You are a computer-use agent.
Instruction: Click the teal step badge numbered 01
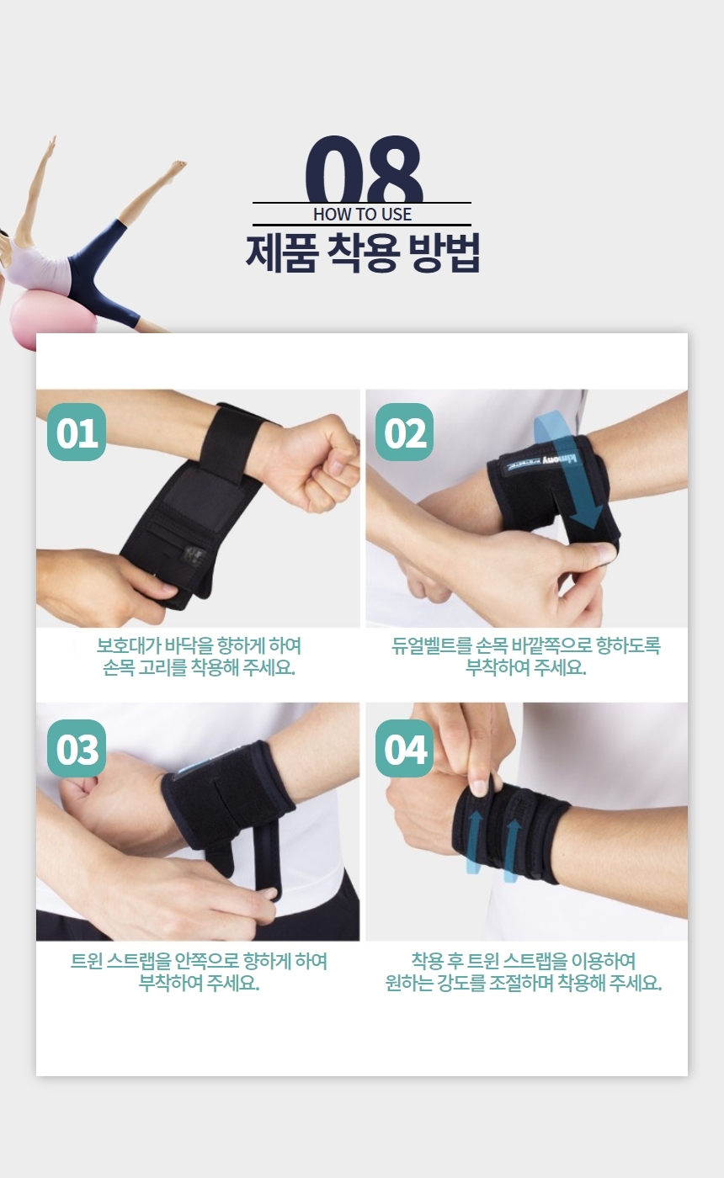[x=77, y=432]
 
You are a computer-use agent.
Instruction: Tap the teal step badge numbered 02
[x=404, y=432]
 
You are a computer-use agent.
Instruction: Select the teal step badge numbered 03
[x=77, y=748]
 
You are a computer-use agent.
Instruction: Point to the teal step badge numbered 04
[x=404, y=748]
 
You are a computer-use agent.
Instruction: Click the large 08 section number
[x=364, y=169]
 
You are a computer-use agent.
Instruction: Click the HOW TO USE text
[x=363, y=214]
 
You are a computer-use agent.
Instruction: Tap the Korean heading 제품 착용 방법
[x=363, y=252]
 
